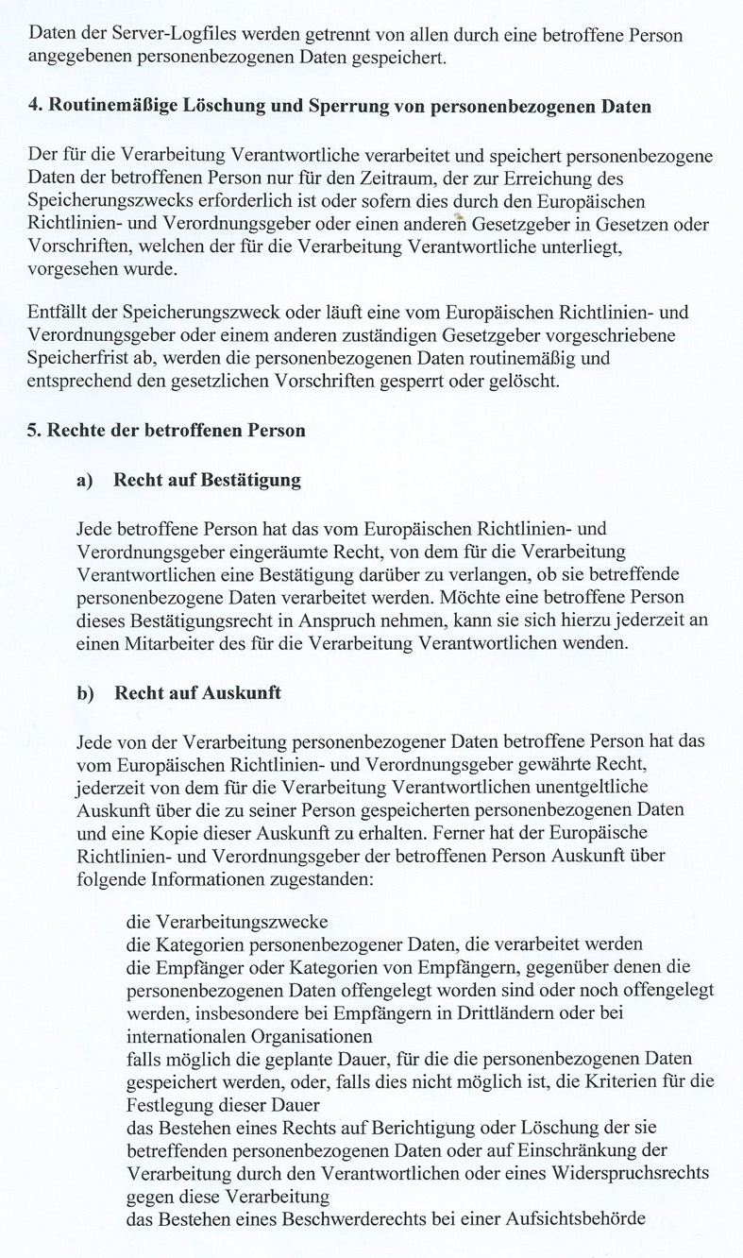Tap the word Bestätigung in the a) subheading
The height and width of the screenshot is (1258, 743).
[x=246, y=481]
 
